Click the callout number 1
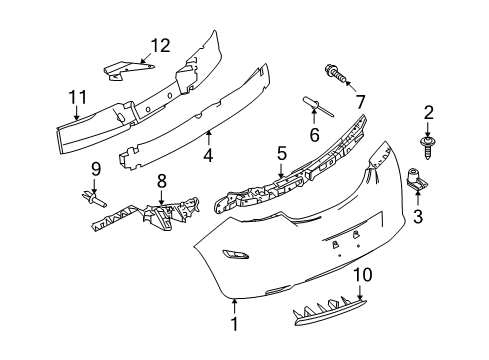(x=235, y=325)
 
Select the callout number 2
(x=428, y=113)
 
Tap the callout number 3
(x=417, y=215)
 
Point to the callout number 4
(x=207, y=155)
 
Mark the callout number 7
(x=362, y=99)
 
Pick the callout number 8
(x=161, y=181)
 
